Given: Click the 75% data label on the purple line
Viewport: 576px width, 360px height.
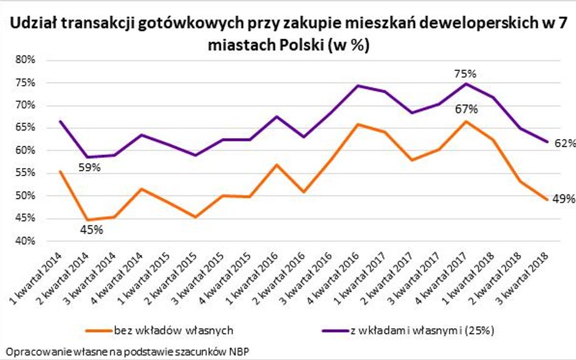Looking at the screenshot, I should click(x=465, y=73).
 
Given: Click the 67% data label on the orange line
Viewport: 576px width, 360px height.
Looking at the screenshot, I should click(x=466, y=109).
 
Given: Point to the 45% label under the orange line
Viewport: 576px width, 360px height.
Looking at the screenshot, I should click(x=91, y=230).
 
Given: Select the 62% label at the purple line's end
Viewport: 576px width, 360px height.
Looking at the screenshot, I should click(x=564, y=143).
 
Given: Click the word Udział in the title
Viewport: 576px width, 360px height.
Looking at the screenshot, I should click(x=34, y=24).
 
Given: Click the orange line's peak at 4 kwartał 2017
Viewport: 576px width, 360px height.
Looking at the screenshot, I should click(x=466, y=121).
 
